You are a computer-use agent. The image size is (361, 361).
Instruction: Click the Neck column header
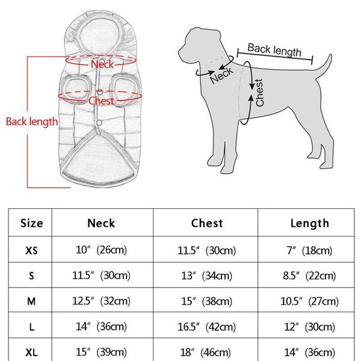click(101, 223)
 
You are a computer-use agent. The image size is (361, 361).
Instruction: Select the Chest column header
click(207, 223)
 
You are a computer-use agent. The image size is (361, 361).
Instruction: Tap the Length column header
click(310, 223)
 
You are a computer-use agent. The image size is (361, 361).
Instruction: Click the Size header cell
click(31, 223)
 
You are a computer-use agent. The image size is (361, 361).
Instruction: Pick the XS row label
click(31, 250)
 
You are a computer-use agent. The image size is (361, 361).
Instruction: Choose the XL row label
click(31, 351)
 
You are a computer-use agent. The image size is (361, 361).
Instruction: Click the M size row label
click(31, 301)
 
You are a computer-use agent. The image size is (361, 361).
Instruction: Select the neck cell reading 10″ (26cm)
click(101, 250)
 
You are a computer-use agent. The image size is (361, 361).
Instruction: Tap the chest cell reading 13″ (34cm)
click(207, 276)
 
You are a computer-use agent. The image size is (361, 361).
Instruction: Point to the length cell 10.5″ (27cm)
click(310, 301)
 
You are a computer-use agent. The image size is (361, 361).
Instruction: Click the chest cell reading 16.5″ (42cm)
click(207, 326)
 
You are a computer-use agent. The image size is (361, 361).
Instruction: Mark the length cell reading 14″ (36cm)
click(310, 351)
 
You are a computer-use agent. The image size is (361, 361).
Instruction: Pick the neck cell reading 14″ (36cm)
click(101, 326)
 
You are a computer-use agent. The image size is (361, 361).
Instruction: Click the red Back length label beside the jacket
click(32, 122)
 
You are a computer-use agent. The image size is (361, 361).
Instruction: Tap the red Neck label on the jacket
click(102, 64)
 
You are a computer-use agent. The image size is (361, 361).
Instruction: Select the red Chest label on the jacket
click(101, 101)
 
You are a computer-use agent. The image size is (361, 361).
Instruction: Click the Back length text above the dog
click(274, 50)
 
